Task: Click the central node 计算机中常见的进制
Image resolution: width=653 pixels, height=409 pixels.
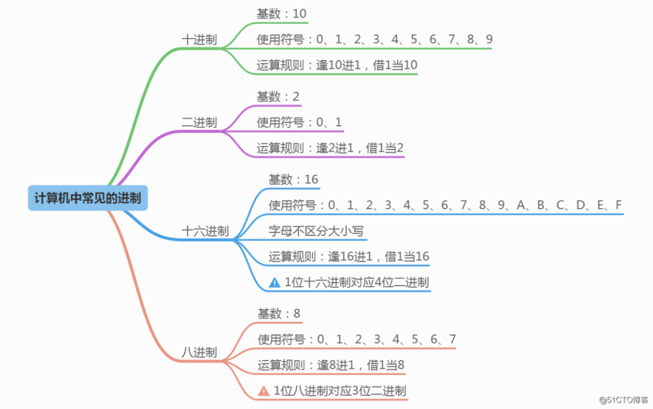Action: (88, 198)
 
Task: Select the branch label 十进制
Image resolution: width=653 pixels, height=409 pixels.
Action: (199, 40)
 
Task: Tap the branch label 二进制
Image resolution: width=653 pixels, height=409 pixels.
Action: (199, 122)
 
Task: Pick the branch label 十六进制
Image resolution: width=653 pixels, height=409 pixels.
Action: (205, 231)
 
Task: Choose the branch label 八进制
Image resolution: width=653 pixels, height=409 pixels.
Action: (199, 352)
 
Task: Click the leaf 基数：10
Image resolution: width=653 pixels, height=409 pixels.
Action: (282, 14)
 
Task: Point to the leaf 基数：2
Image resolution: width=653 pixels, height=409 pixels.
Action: (278, 97)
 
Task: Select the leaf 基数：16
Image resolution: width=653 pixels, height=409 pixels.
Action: (293, 180)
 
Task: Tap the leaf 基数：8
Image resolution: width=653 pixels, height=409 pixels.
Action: (279, 314)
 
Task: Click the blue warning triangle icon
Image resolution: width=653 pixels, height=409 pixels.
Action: (275, 282)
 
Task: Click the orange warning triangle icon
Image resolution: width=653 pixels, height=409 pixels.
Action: (264, 391)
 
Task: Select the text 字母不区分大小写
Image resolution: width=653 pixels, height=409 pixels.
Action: (316, 231)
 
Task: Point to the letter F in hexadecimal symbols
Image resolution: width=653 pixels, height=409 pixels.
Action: (619, 206)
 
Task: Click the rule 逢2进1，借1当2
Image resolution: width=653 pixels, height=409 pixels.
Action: (360, 148)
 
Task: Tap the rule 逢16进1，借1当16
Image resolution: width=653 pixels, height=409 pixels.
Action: (378, 257)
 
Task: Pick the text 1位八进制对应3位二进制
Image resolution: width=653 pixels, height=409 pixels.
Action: (340, 391)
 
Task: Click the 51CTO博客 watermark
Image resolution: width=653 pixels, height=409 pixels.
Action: (622, 400)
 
